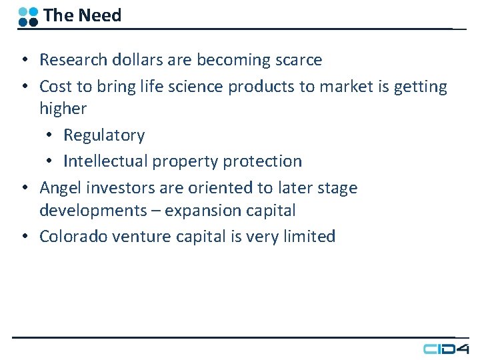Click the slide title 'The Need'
[82, 15]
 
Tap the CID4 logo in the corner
[446, 349]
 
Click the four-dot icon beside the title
[28, 16]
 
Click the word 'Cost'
[55, 87]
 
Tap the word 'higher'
[63, 109]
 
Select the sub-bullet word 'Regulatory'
[104, 135]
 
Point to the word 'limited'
[309, 237]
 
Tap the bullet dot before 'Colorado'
[23, 237]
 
